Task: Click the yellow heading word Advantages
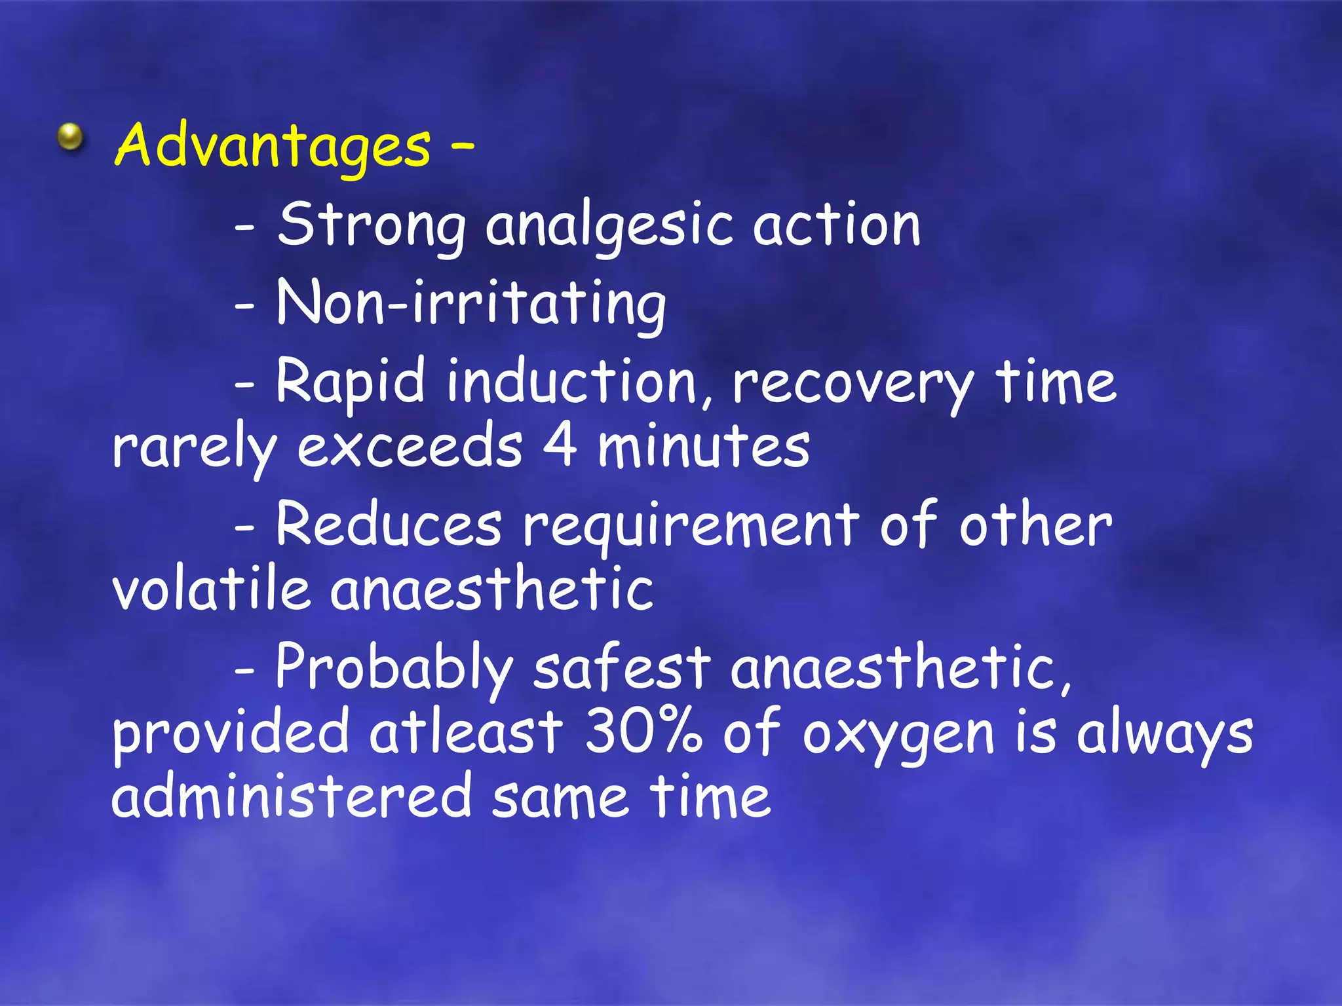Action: click(x=273, y=145)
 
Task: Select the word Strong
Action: click(x=371, y=226)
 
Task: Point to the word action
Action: click(x=836, y=226)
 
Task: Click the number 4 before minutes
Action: click(x=560, y=447)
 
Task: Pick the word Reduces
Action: click(x=389, y=526)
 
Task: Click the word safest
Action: click(x=621, y=668)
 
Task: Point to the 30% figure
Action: click(x=643, y=732)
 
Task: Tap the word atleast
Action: click(x=466, y=732)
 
